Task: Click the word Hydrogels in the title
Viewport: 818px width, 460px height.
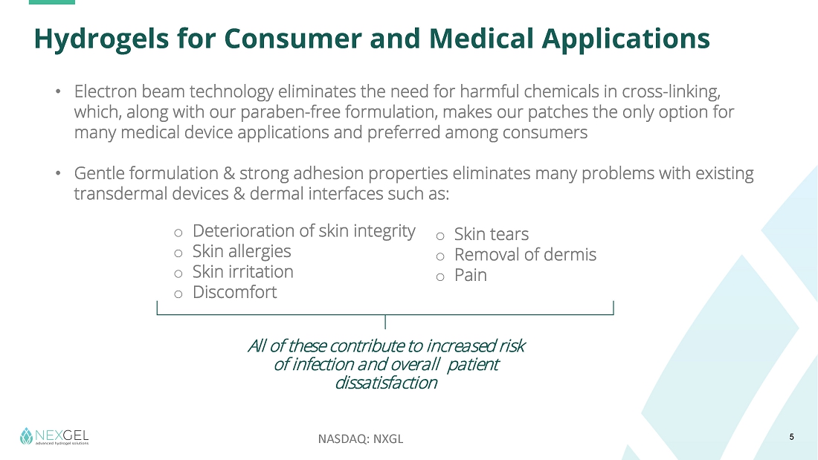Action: (101, 39)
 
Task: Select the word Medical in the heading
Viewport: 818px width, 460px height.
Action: (482, 39)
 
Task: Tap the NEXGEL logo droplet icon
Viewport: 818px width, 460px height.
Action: (26, 436)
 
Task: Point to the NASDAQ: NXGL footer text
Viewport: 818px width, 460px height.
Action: (361, 438)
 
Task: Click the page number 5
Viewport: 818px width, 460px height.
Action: (791, 437)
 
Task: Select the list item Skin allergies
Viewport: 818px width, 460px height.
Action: (242, 251)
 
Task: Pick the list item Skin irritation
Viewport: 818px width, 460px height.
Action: (243, 272)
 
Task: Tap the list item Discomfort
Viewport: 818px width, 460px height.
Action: (235, 292)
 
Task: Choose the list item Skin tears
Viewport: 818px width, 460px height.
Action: (492, 234)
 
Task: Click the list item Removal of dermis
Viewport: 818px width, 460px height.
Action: (525, 254)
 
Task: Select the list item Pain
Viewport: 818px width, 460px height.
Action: (471, 275)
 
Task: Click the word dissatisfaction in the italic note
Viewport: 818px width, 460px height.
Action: (386, 383)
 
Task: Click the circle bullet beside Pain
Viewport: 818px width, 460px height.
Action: (440, 277)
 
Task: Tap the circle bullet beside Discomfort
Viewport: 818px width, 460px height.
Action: (178, 294)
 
